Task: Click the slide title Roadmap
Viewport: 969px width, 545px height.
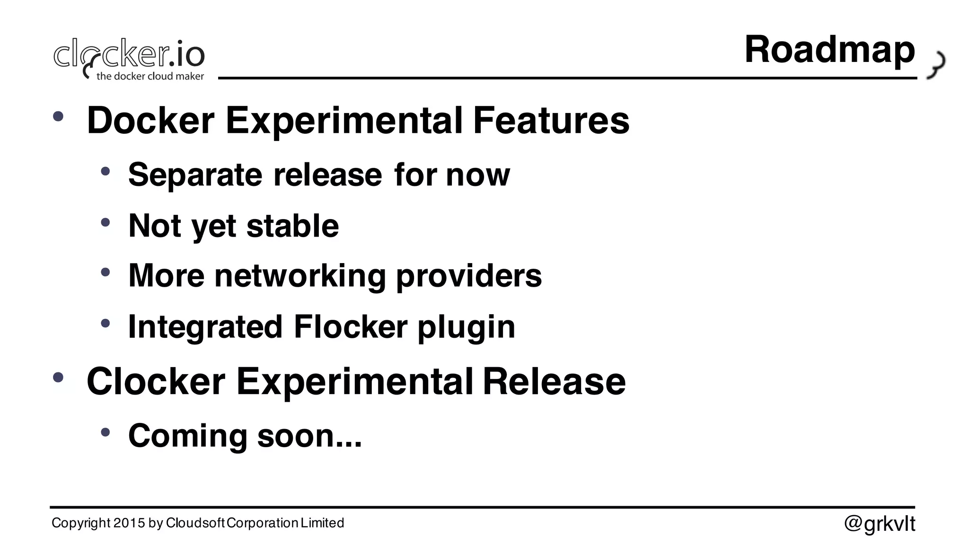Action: [829, 50]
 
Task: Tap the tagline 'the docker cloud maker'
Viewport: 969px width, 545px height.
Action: [150, 76]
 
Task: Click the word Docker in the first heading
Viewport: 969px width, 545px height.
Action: [150, 120]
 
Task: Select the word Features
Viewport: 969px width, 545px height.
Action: [551, 120]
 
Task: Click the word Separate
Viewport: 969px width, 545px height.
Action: [195, 175]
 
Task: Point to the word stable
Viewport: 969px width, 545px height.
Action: [292, 226]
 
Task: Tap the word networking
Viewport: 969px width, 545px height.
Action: [300, 276]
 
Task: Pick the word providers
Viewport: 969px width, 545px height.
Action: [468, 276]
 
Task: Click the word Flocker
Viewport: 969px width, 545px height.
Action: [350, 326]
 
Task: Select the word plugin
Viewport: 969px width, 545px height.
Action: [466, 327]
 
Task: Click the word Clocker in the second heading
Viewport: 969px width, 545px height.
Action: [156, 381]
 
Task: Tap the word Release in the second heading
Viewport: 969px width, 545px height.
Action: [554, 381]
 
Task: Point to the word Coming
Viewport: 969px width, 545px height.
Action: [188, 436]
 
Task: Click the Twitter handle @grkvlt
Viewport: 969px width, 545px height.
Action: [880, 524]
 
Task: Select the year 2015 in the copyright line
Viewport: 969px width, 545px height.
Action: [129, 523]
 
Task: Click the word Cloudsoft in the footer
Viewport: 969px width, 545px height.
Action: [195, 523]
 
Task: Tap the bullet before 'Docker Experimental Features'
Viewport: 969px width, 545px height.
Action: [58, 116]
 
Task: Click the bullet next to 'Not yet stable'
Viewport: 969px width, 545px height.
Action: [105, 222]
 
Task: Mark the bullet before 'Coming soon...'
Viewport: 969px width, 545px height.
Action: [105, 432]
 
